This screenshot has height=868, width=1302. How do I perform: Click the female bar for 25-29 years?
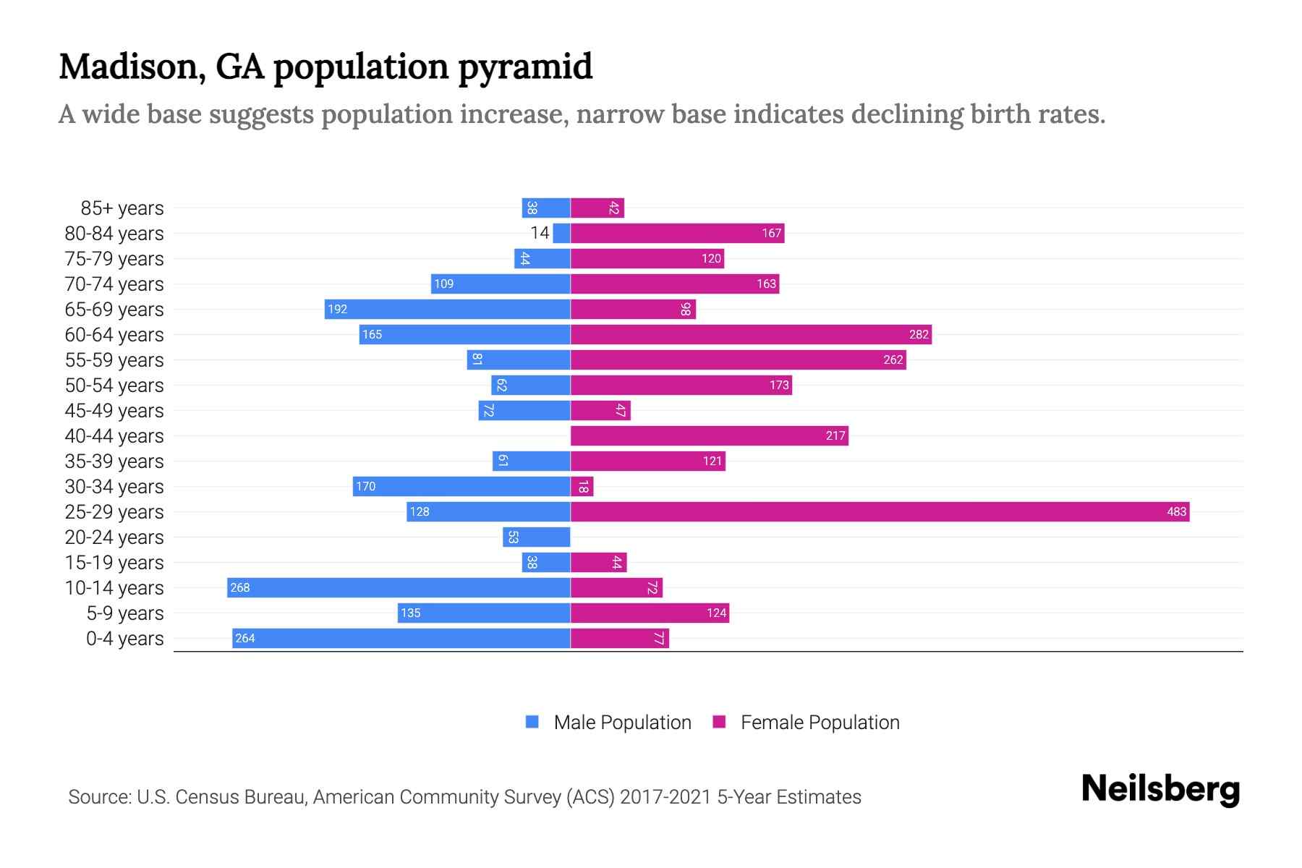[x=880, y=512]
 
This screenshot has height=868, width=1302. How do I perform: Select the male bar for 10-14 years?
[x=399, y=588]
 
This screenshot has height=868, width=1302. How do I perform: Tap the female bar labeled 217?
[x=709, y=436]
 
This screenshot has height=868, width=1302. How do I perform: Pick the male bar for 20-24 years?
[x=537, y=537]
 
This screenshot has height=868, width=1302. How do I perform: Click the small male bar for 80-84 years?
[x=561, y=234]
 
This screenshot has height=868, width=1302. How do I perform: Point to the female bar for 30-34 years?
[x=582, y=487]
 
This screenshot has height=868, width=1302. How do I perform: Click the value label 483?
[x=1176, y=512]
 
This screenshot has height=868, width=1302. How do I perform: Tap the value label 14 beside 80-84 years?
[x=540, y=233]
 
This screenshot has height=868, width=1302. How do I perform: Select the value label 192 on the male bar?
[x=337, y=310]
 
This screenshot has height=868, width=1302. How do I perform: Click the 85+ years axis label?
[x=122, y=208]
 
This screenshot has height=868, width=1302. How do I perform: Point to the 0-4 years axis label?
[x=124, y=639]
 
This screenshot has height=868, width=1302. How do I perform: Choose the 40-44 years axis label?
[x=114, y=436]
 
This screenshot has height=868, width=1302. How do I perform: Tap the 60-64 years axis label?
[x=114, y=335]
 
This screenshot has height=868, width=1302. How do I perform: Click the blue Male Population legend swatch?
[x=532, y=722]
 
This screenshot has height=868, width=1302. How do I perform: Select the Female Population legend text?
[x=820, y=723]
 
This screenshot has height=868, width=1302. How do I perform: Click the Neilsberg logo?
[x=1160, y=789]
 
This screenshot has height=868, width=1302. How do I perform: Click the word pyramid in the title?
[x=525, y=67]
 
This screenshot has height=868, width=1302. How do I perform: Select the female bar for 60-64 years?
[x=751, y=335]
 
